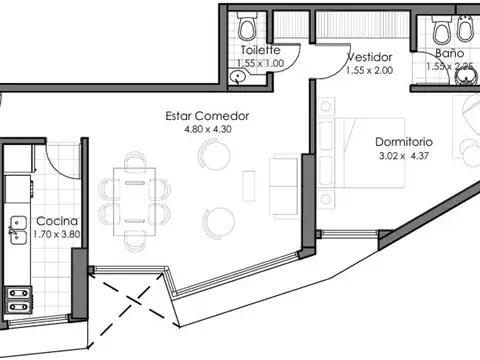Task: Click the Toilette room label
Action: pyautogui.click(x=260, y=50)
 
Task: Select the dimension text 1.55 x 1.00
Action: pyautogui.click(x=260, y=62)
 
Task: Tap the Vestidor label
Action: pyautogui.click(x=369, y=57)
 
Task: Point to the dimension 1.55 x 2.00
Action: pyautogui.click(x=369, y=70)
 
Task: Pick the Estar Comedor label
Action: pyautogui.click(x=206, y=116)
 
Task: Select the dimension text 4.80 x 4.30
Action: pyautogui.click(x=206, y=129)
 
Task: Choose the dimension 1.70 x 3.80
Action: pyautogui.click(x=56, y=235)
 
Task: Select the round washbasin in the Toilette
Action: pyautogui.click(x=239, y=75)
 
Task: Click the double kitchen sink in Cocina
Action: pyautogui.click(x=17, y=232)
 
